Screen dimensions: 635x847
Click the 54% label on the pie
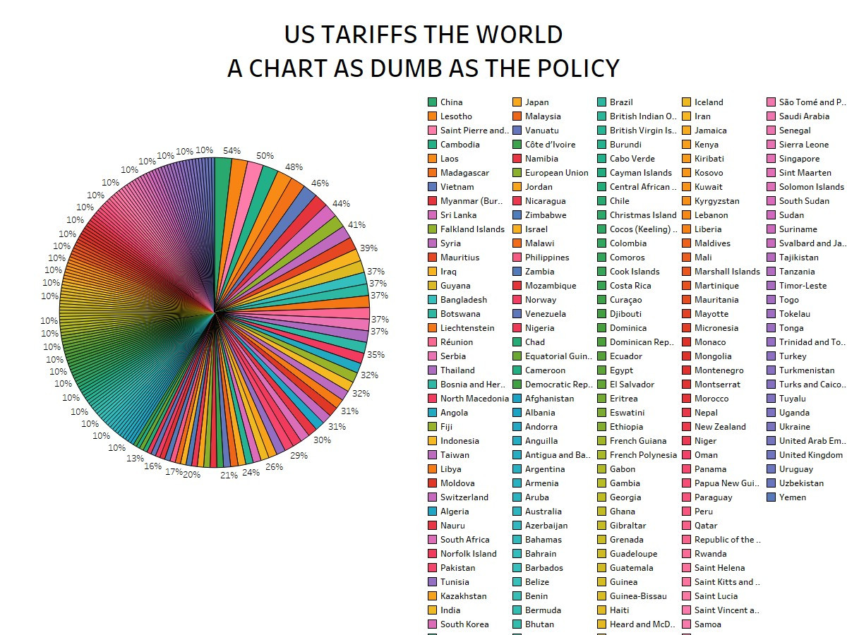(232, 151)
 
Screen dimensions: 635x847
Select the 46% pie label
(320, 183)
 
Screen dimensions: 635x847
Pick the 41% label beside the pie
(356, 225)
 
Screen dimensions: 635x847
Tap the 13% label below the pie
(135, 459)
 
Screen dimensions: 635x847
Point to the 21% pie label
(229, 476)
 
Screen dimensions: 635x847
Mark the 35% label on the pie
(376, 355)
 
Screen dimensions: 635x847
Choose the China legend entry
(451, 102)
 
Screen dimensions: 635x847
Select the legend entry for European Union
(556, 173)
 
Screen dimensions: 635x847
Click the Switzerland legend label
(464, 497)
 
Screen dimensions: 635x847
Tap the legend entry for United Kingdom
(810, 455)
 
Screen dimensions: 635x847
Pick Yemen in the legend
(792, 497)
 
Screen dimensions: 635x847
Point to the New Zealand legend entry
(719, 427)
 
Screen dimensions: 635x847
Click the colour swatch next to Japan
(517, 102)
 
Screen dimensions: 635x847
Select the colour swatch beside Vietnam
(433, 187)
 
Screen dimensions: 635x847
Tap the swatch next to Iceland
(687, 102)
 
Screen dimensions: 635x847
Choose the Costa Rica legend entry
(630, 286)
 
